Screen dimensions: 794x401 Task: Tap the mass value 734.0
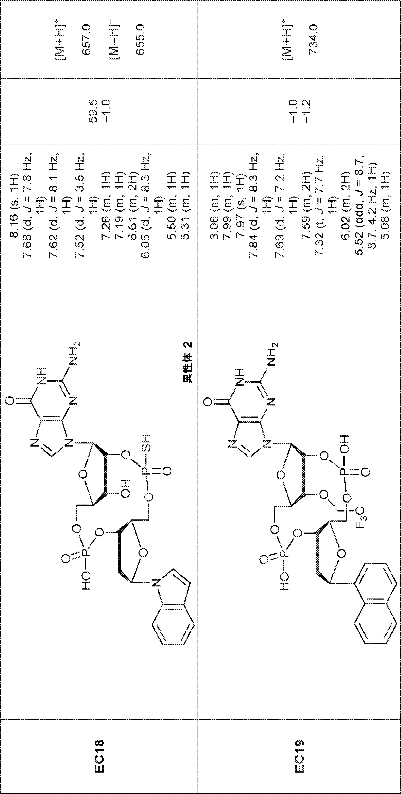pos(313,39)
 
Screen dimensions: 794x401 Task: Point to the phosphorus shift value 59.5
pos(93,111)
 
